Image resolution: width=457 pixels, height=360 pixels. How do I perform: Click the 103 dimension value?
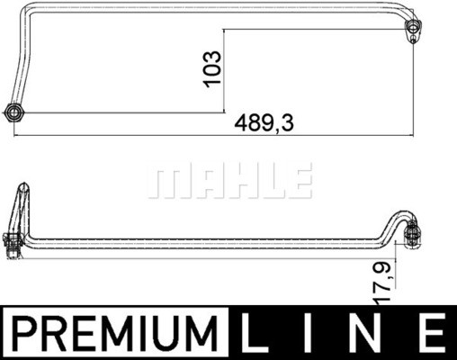click(212, 69)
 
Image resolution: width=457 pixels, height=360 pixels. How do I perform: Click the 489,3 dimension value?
click(264, 123)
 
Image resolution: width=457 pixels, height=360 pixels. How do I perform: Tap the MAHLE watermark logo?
click(230, 180)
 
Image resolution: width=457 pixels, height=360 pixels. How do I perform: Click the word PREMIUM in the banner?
click(115, 332)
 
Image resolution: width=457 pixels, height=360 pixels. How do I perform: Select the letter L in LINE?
click(255, 332)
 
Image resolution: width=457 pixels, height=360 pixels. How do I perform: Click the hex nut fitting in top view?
click(14, 112)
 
